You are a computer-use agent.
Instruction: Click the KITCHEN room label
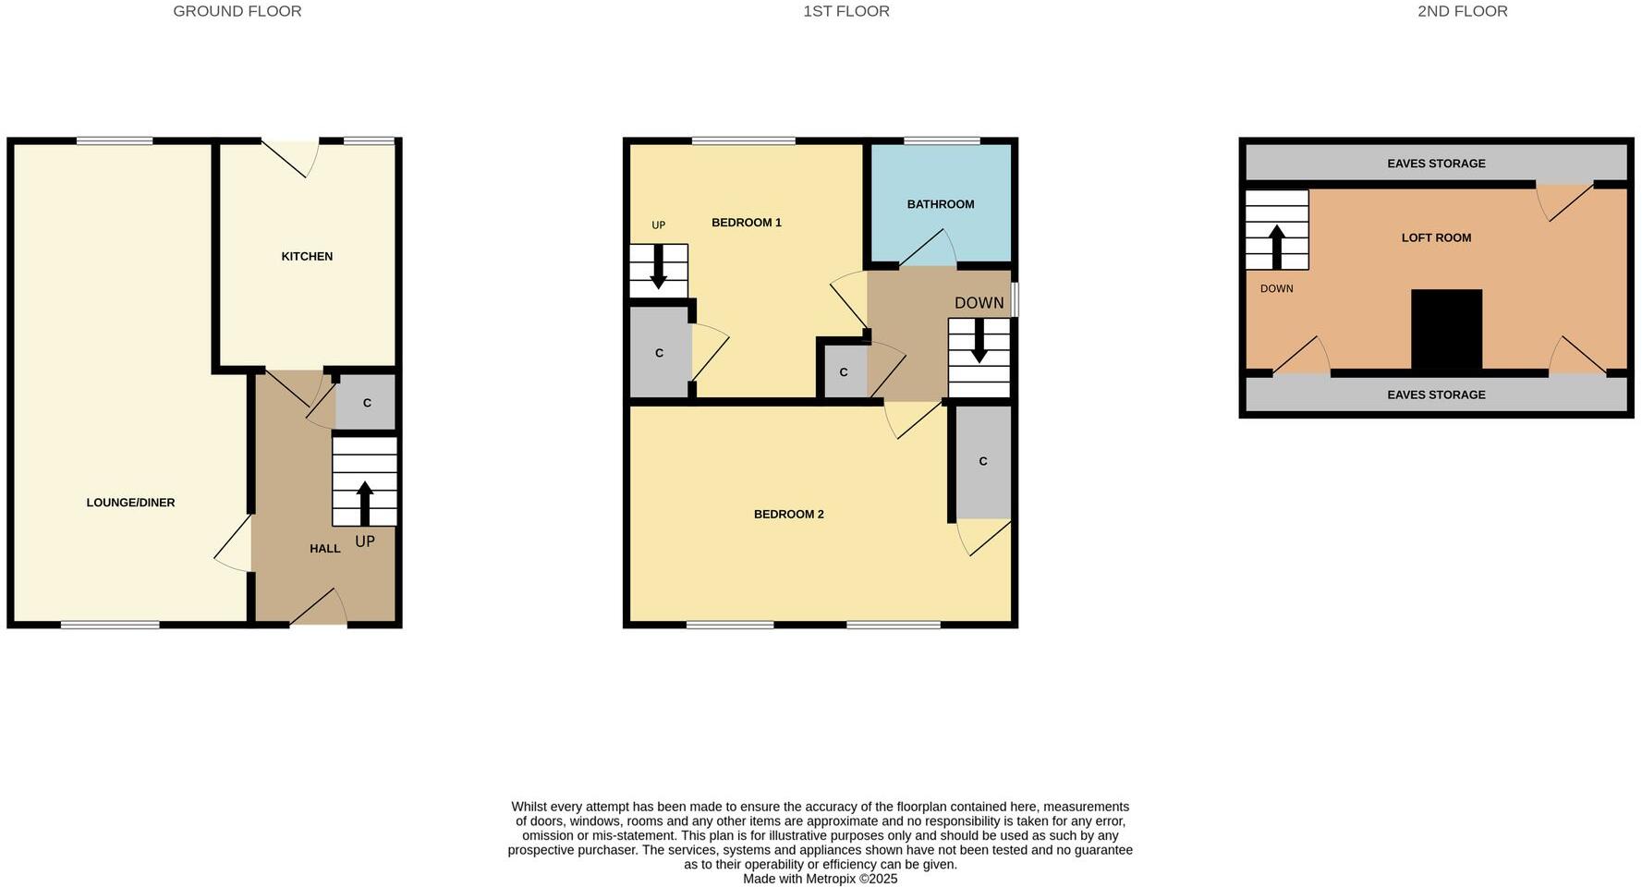click(307, 256)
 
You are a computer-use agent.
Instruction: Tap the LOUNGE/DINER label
click(130, 503)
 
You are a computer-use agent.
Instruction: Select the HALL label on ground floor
click(324, 548)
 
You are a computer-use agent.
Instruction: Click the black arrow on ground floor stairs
click(364, 502)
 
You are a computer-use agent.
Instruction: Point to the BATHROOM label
click(940, 204)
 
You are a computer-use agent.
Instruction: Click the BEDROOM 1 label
click(746, 223)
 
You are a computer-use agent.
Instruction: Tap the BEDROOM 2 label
click(788, 514)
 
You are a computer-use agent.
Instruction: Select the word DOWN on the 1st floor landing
click(979, 303)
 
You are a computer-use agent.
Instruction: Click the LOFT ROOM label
click(1436, 237)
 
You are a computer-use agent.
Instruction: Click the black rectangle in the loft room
click(1446, 329)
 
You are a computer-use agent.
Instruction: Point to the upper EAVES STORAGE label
click(1436, 164)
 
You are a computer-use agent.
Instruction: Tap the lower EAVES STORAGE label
click(1436, 395)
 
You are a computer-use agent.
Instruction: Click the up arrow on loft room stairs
click(1277, 245)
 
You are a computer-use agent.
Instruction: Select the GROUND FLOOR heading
click(237, 11)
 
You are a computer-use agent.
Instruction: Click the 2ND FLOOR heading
click(1462, 11)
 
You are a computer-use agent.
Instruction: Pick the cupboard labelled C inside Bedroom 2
click(982, 461)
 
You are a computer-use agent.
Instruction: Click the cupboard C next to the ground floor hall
click(367, 403)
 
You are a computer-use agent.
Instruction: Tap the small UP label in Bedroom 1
click(658, 225)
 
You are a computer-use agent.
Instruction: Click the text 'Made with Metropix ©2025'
click(820, 879)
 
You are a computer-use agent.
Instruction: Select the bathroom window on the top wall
click(941, 141)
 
